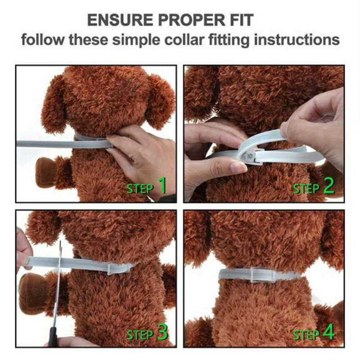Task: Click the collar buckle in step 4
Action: point(263,274)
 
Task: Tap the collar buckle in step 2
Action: point(252,155)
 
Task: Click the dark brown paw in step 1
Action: point(46,172)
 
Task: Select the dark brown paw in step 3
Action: point(32,294)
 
